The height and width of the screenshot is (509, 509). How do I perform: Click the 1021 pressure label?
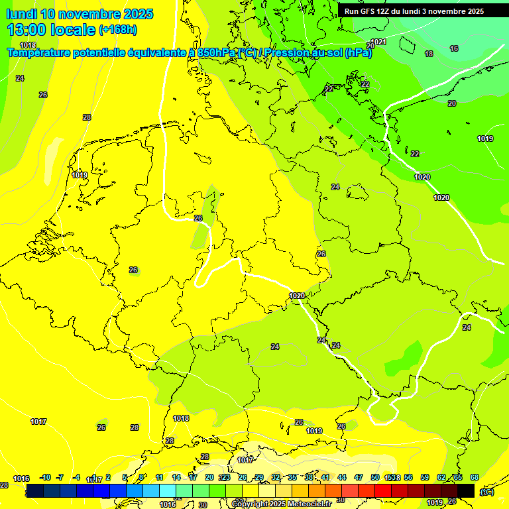(378, 42)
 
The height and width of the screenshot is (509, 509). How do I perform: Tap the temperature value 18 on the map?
(429, 54)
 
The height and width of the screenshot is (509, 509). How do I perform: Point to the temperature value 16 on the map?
(454, 48)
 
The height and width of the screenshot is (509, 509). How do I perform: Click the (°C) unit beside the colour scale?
(486, 491)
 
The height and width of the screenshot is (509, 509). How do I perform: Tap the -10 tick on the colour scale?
(44, 477)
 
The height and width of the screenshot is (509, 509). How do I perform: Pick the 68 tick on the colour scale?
(475, 477)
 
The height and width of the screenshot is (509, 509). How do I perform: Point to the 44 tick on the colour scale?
(342, 477)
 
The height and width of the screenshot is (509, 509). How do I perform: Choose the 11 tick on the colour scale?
(159, 477)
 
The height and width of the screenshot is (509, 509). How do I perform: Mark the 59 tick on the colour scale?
(425, 477)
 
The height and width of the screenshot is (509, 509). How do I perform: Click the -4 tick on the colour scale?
(76, 477)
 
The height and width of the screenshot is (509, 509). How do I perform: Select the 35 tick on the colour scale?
(292, 477)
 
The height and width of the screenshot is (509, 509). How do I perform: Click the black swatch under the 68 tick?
(466, 490)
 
